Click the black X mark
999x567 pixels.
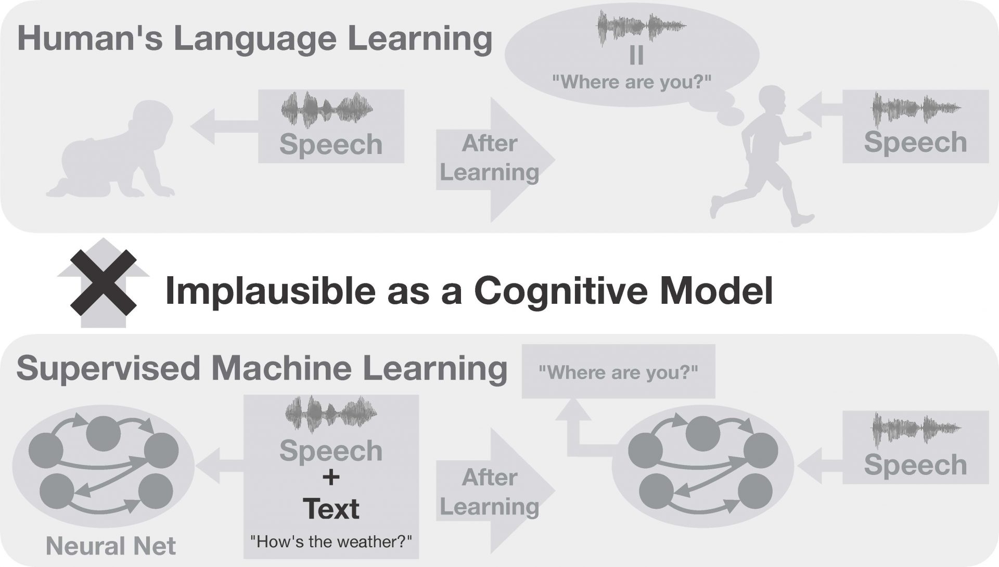[104, 282]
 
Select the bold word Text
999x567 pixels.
[331, 508]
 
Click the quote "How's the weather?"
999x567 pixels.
[331, 542]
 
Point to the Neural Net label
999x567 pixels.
[111, 546]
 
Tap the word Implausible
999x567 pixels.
[270, 291]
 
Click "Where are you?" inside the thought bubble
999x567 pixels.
[632, 82]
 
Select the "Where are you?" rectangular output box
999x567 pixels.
[618, 371]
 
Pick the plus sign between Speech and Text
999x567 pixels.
[331, 477]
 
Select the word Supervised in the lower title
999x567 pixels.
[109, 368]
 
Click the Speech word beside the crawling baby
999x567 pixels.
[331, 144]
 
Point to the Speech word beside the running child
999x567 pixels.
[915, 142]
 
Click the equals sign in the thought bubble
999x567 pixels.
[636, 56]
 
